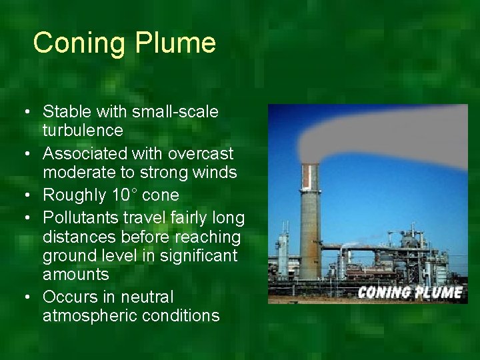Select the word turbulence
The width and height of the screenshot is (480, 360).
83,130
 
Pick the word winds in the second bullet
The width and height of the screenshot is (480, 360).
213,173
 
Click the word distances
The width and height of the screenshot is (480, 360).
75,237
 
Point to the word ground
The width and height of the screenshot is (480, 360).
67,256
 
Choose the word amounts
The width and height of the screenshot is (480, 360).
75,275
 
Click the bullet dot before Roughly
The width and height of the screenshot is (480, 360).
25,196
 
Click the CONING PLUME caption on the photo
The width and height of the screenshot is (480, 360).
410,292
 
